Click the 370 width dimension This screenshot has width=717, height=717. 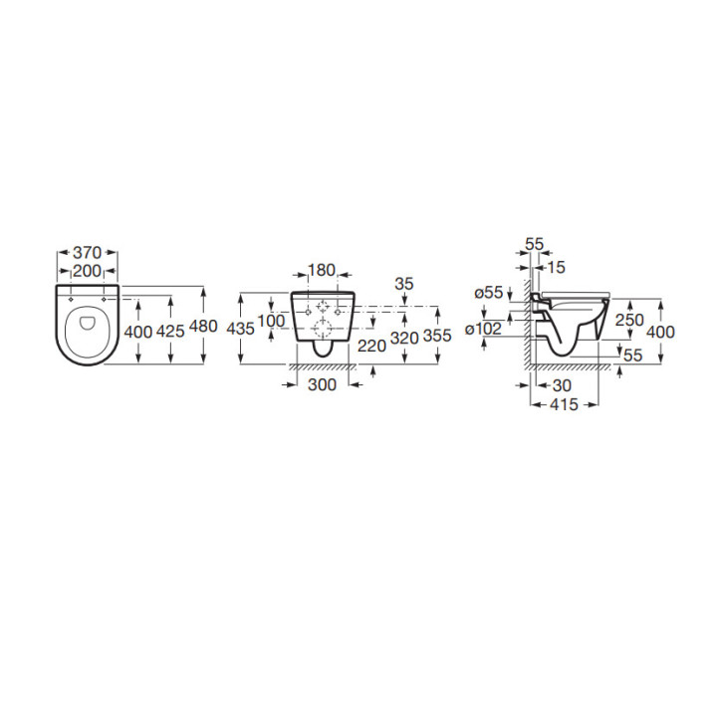click(87, 252)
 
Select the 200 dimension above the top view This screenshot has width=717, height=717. click(87, 271)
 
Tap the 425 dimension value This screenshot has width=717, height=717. click(170, 331)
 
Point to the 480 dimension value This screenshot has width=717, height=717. click(203, 327)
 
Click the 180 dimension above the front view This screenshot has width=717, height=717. click(322, 270)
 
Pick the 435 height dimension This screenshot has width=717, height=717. click(241, 329)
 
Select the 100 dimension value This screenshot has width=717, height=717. click(272, 321)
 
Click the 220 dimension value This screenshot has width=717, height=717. click(371, 346)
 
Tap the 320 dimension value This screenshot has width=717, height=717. click(404, 338)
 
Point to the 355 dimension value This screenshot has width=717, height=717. click(437, 336)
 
